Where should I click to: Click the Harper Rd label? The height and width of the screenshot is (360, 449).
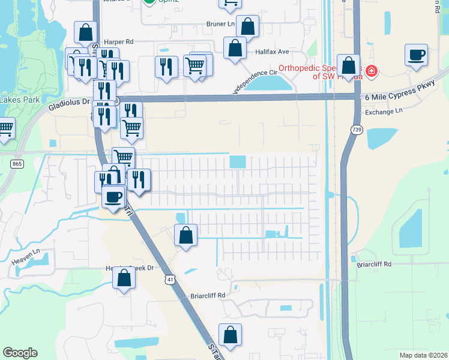click(x=118, y=42)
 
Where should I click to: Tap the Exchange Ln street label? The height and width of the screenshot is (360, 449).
click(x=384, y=112)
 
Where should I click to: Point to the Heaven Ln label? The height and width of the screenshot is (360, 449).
click(x=29, y=255)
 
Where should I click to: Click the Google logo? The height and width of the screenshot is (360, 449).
click(x=20, y=353)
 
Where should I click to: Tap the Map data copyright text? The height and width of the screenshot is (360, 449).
click(x=423, y=355)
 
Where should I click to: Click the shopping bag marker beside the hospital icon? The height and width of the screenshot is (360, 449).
click(x=348, y=66)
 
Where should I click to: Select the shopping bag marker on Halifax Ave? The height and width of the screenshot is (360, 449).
click(x=235, y=49)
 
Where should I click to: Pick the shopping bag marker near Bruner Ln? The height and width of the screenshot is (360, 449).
click(x=247, y=27)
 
